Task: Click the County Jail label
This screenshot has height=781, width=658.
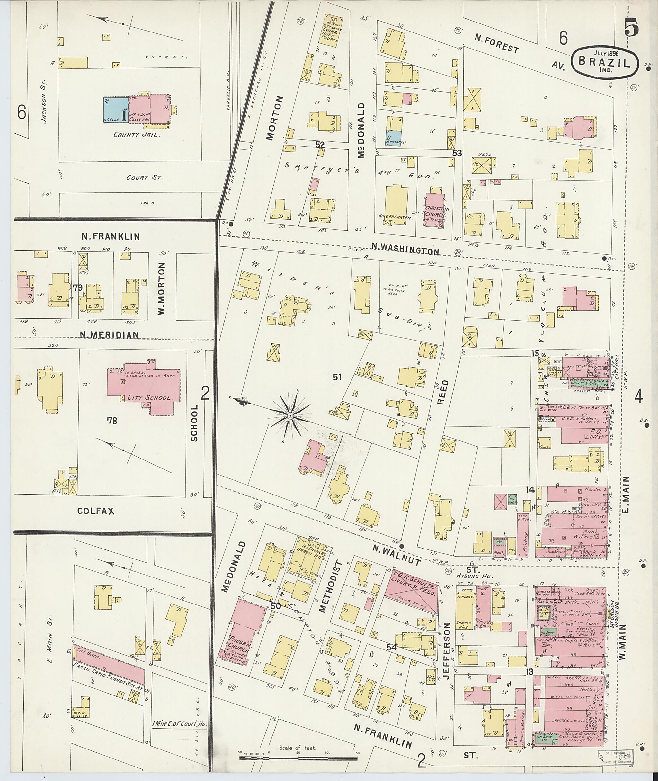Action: point(137,135)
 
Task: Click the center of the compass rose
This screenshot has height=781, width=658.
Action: point(290,415)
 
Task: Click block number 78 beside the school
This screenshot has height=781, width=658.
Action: point(112,421)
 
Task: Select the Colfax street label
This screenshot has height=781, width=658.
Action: point(96,511)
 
